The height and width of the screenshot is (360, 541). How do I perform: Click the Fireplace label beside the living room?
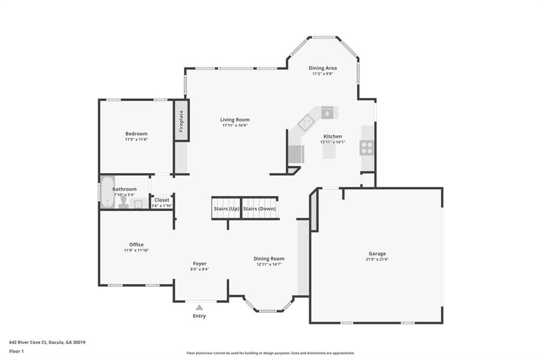click(x=181, y=120)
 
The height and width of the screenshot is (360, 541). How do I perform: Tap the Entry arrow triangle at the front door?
click(x=199, y=307)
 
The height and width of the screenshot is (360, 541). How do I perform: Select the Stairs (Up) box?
click(x=226, y=209)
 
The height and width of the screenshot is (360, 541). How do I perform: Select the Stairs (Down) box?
click(x=259, y=209)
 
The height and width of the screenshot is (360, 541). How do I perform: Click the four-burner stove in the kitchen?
click(x=367, y=148)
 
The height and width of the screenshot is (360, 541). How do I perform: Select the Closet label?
click(x=162, y=200)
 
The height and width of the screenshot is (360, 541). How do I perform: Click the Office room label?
click(x=136, y=244)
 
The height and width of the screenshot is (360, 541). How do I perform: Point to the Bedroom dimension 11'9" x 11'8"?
click(x=136, y=140)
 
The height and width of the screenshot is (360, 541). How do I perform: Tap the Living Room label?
click(x=235, y=120)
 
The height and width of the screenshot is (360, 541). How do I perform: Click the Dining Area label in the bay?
click(x=323, y=68)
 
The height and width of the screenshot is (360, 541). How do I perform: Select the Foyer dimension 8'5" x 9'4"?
click(x=200, y=269)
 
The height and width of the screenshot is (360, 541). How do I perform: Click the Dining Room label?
click(x=269, y=259)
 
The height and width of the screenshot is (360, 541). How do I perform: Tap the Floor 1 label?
click(x=17, y=350)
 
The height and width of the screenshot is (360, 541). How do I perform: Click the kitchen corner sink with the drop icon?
click(x=328, y=112)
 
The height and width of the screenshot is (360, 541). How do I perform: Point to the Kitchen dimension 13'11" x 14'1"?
click(x=332, y=142)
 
